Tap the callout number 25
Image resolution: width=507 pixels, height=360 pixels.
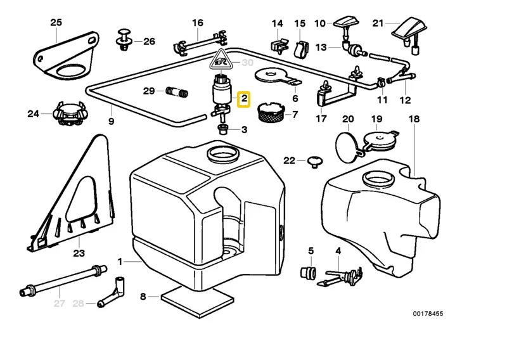coord(56,23)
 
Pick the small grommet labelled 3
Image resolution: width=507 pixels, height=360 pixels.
coord(223,129)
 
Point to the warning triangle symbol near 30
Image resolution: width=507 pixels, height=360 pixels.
coord(221,61)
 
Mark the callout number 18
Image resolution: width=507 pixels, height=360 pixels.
coord(414,119)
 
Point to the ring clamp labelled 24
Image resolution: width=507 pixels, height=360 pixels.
coord(68,113)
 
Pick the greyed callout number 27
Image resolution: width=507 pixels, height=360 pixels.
coord(60,304)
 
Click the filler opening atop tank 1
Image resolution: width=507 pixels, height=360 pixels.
coord(224,153)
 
